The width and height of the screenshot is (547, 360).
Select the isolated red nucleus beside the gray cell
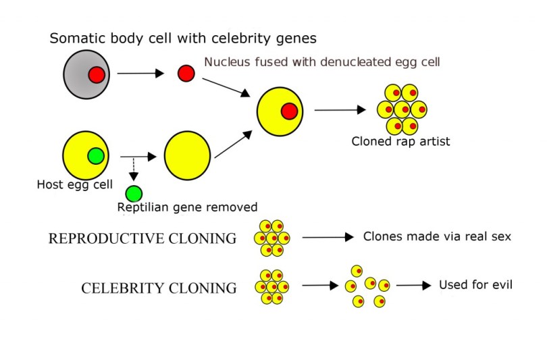(x=186, y=73)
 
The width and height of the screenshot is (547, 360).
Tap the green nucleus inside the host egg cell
(x=97, y=156)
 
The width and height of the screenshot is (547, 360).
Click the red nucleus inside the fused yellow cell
(x=289, y=111)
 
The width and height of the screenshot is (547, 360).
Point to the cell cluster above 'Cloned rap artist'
(x=402, y=109)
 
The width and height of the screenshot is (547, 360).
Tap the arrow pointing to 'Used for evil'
(x=413, y=286)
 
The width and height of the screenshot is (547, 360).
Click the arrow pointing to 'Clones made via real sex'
(x=328, y=237)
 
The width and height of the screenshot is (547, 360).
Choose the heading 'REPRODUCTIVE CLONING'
(x=142, y=239)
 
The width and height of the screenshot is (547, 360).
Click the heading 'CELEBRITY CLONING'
(x=159, y=288)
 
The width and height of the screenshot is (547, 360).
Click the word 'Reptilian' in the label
(x=143, y=207)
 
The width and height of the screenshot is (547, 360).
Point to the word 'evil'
(x=500, y=284)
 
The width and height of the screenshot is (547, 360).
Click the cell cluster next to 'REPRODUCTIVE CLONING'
(x=271, y=238)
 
